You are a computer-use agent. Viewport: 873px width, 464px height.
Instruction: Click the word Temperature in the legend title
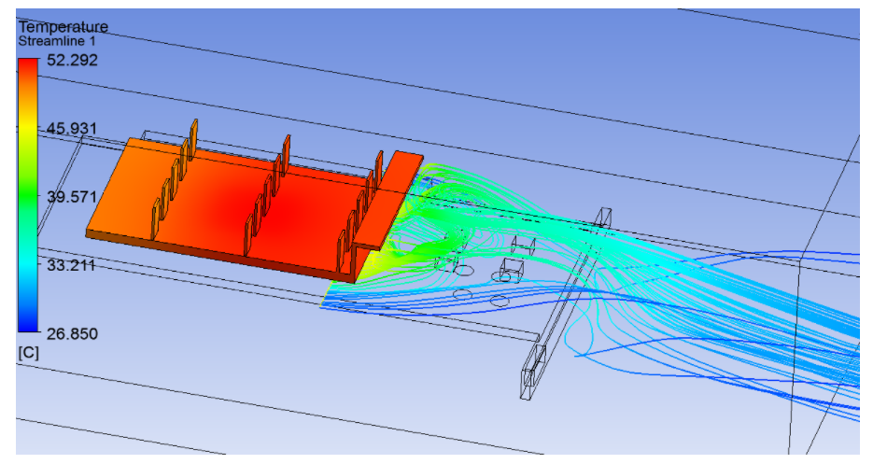[63, 27]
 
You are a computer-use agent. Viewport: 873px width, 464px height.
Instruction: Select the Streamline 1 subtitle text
[56, 42]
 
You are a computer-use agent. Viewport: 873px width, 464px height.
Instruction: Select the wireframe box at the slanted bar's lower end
[533, 369]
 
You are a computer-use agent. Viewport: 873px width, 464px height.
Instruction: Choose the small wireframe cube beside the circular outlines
[510, 271]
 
